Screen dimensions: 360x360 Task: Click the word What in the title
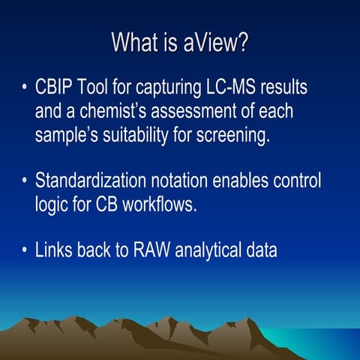pos(133,42)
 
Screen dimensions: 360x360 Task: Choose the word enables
pos(250,181)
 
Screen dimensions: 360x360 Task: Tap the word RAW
pos(153,250)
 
